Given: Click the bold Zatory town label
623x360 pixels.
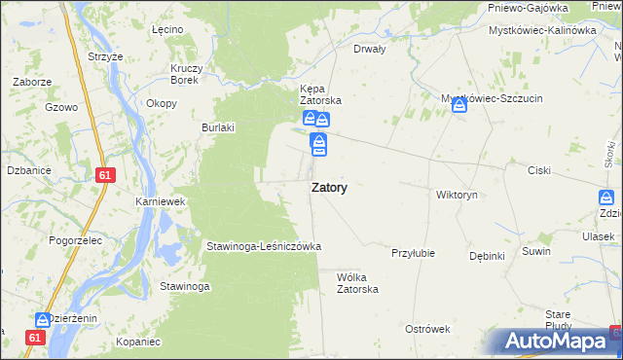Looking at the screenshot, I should click(x=330, y=188).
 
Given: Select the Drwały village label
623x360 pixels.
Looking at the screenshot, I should click(x=370, y=48).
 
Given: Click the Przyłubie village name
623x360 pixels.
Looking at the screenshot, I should click(x=413, y=252).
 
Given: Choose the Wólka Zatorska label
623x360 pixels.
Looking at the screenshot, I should click(x=357, y=282).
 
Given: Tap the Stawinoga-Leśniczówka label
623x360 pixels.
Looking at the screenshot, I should click(x=263, y=246).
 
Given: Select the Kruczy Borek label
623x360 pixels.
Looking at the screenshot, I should click(x=185, y=74).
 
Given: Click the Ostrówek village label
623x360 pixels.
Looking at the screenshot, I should click(x=427, y=329).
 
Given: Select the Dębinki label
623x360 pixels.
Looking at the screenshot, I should click(x=487, y=256).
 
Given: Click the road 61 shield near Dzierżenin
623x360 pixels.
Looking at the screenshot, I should click(x=36, y=337).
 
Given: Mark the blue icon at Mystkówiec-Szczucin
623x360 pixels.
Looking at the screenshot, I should click(x=459, y=104).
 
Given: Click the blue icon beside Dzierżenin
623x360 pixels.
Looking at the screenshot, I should click(x=43, y=319).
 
